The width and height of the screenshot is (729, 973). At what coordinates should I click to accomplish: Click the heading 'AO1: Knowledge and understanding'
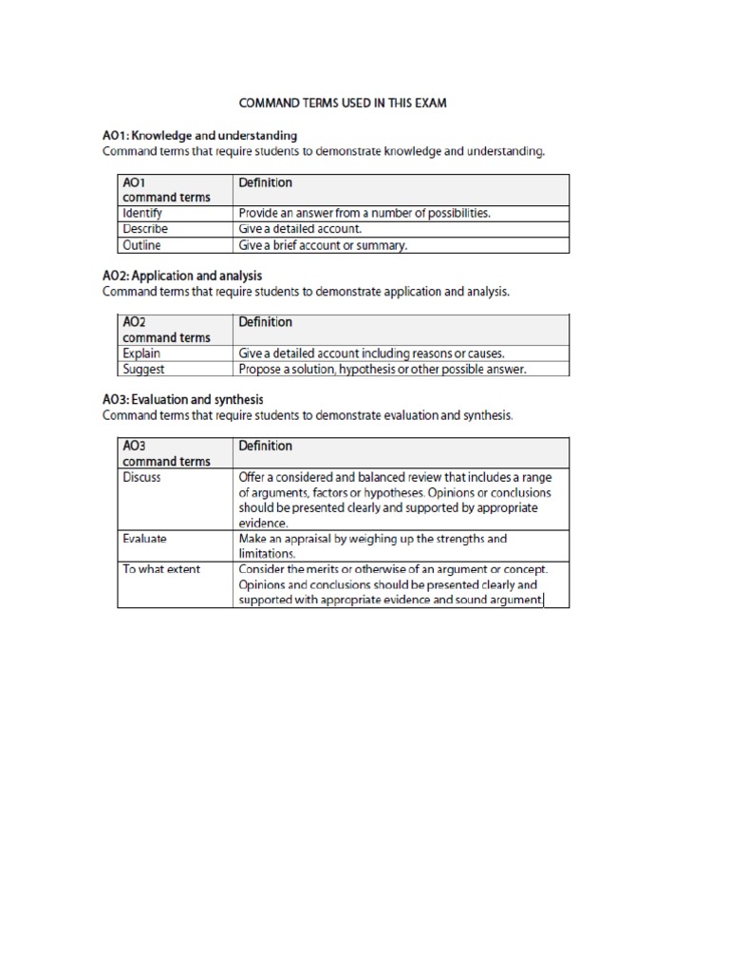point(199,136)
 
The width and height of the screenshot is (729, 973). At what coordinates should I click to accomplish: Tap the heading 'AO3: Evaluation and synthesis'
point(182,400)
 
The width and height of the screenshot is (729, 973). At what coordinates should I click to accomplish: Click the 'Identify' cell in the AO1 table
point(142,214)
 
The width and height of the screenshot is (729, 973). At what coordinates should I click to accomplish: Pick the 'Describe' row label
point(144,229)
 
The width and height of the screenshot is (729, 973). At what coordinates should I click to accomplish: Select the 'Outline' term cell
point(141,245)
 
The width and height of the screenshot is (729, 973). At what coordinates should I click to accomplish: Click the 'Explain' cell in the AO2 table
point(141,353)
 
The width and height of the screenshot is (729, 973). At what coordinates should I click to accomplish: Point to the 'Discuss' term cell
point(141,478)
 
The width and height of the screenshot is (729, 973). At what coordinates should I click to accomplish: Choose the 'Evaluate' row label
point(144,539)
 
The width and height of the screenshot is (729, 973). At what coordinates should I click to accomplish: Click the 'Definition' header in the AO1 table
point(266,182)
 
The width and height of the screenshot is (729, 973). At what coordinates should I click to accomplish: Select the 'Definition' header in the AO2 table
point(266,322)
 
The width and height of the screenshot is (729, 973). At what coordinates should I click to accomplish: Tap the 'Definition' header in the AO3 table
point(266,446)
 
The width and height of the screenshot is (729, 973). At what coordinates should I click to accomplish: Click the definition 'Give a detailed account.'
point(301,229)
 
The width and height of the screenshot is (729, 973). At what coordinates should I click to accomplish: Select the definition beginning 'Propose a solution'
point(382,369)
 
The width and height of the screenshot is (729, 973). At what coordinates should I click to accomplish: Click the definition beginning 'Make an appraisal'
point(372,545)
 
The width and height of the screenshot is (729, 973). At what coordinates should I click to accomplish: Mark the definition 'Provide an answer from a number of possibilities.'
point(364,214)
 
